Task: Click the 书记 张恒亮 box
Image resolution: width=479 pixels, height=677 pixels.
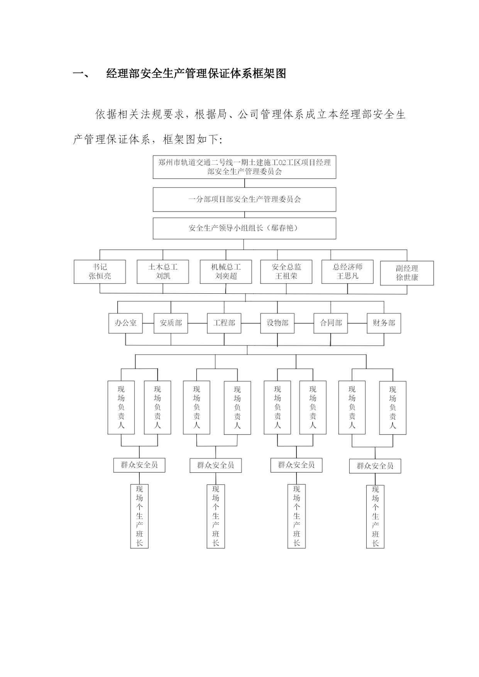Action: [x=100, y=272]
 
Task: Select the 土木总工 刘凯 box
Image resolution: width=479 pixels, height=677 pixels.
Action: [x=163, y=272]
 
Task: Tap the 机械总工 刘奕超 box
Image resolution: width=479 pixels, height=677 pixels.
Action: [x=226, y=272]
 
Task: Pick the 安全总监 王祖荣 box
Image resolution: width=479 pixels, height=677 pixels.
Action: [x=286, y=272]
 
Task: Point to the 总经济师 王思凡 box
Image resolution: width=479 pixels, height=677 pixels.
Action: [x=347, y=272]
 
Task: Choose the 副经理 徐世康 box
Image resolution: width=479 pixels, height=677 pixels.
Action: [x=407, y=273]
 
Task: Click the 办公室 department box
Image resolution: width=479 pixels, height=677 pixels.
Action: [x=125, y=323]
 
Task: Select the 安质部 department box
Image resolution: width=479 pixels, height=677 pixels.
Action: [x=171, y=323]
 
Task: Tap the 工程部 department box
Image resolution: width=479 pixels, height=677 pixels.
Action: [x=224, y=323]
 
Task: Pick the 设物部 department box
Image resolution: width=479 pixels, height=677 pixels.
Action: [x=278, y=323]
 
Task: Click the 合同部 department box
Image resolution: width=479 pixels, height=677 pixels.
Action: [x=331, y=323]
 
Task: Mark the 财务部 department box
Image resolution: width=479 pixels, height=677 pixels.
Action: [x=384, y=323]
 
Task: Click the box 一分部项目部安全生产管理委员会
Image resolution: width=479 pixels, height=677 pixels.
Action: [x=244, y=200]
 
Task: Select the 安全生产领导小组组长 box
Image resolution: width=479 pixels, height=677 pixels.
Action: [x=244, y=228]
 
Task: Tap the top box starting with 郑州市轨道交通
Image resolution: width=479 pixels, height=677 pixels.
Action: [x=244, y=167]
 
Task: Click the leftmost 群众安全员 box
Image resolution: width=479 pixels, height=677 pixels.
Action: [x=139, y=465]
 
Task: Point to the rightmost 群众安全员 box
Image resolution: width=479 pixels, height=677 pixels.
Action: [x=375, y=466]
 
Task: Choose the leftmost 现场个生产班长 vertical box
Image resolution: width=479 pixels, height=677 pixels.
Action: [x=139, y=516]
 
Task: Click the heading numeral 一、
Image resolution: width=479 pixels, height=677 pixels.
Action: [x=81, y=74]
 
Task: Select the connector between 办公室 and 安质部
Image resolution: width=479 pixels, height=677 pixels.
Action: [x=148, y=323]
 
